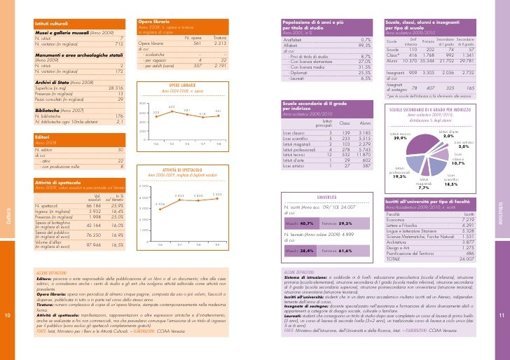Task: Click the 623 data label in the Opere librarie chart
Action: pos(172,106)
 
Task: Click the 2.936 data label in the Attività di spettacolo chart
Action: pos(160,204)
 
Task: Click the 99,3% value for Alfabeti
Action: pos(364,46)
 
